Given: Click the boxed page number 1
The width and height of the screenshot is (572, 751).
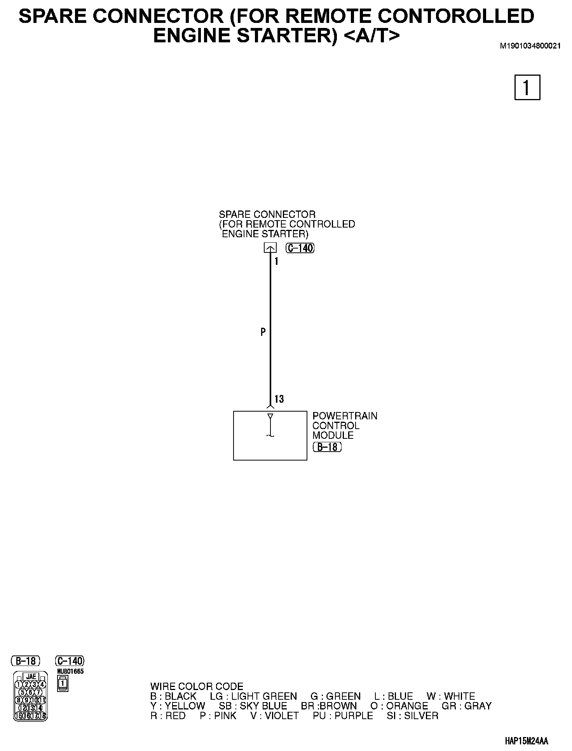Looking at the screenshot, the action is (x=527, y=87).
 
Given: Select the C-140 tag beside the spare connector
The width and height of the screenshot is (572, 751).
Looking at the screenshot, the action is (x=300, y=248).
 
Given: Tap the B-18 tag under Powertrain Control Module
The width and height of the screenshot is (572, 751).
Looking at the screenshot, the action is (x=327, y=447).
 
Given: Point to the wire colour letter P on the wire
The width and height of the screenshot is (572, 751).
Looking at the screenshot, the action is (x=263, y=332).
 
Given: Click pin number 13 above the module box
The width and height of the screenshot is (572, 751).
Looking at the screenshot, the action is (x=279, y=399).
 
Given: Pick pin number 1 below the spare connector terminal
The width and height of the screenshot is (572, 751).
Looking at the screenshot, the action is (x=276, y=262).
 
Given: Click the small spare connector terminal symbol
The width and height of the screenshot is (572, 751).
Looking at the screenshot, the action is (x=270, y=248).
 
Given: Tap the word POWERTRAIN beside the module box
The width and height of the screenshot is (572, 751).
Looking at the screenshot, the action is (x=345, y=416).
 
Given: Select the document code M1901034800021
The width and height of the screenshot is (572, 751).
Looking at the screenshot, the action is (x=530, y=46).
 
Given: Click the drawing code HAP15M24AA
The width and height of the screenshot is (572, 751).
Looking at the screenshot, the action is (x=527, y=741).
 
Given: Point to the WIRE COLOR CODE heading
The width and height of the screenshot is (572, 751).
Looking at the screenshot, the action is (x=197, y=686).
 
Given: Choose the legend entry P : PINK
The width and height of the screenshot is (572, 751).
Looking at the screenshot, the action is (x=218, y=715).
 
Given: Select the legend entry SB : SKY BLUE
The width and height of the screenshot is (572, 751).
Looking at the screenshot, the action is (x=253, y=706).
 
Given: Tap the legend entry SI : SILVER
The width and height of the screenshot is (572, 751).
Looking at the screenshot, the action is (x=412, y=715).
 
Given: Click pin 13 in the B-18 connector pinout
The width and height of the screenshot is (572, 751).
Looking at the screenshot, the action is (x=31, y=708).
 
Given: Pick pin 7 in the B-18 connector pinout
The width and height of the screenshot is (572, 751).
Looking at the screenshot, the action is (x=38, y=692).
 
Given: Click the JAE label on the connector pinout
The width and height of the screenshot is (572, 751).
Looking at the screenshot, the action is (x=31, y=677).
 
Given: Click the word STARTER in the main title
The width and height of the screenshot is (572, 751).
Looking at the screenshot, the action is (x=288, y=35).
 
